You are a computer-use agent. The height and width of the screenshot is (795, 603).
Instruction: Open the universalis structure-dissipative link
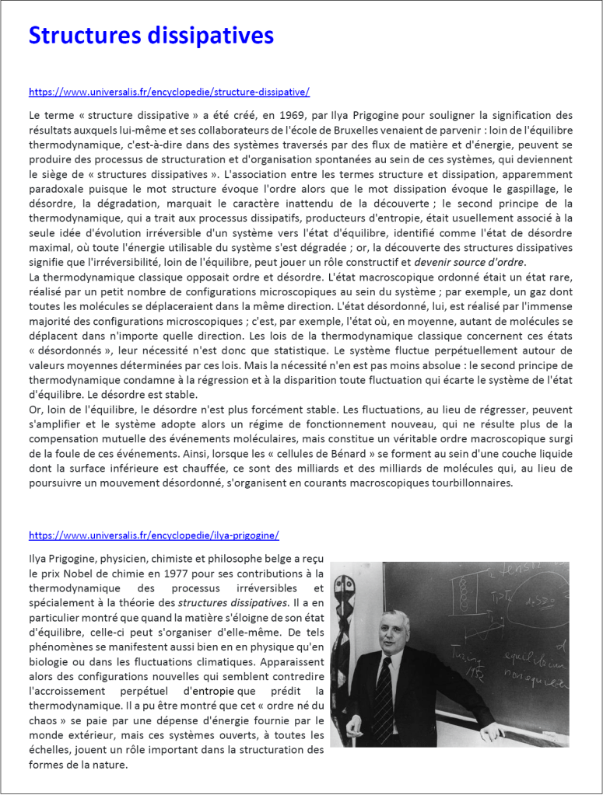(x=169, y=92)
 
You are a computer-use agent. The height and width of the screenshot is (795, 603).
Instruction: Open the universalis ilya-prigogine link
(x=153, y=535)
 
